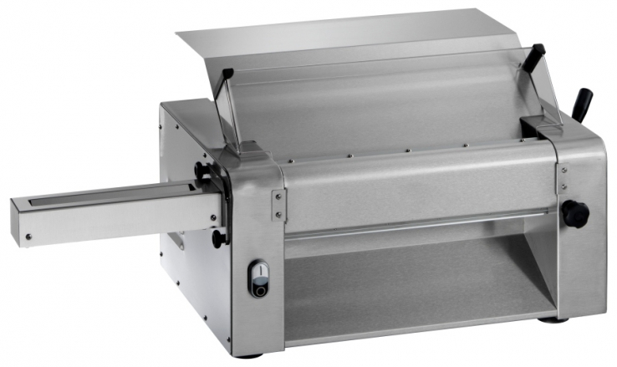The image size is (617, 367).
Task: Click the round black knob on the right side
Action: click(x=575, y=213)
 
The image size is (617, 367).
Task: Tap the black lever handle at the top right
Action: click(x=582, y=104)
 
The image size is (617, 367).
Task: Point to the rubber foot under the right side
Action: click(x=549, y=319)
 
